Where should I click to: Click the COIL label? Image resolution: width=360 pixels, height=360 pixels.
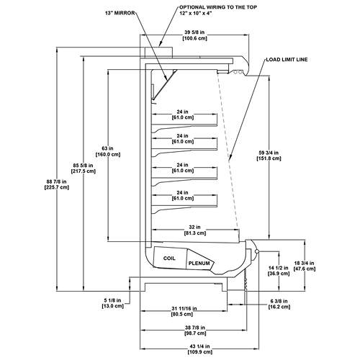tap(169, 258)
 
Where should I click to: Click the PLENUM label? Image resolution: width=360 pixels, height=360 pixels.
tap(199, 264)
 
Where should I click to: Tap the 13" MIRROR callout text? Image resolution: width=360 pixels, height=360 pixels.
tap(120, 13)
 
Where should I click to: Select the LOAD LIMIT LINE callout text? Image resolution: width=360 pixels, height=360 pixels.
tap(287, 60)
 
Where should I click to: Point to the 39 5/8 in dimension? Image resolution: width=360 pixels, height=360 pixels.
tap(194, 32)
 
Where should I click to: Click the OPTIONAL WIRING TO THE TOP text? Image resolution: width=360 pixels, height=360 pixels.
tap(218, 7)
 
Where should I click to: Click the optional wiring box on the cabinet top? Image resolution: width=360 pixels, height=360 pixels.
tap(158, 53)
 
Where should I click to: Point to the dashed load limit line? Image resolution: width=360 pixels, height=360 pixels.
tap(228, 151)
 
